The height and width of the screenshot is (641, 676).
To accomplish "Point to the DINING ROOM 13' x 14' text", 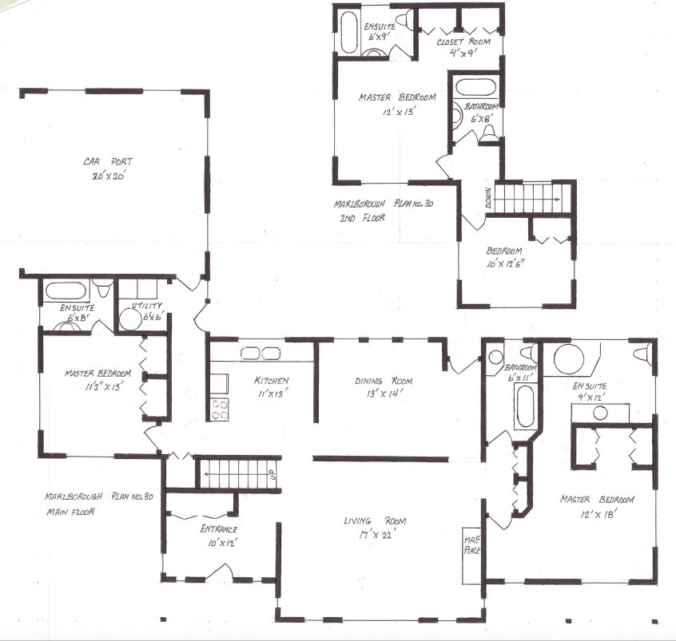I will (380, 386).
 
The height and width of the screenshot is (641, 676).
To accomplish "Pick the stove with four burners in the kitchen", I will (219, 409).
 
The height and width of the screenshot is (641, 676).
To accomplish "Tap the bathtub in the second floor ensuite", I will (350, 32).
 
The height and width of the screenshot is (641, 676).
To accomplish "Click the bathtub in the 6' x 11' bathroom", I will (524, 406).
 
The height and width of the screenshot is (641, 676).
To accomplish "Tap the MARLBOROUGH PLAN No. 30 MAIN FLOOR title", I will (82, 504).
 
